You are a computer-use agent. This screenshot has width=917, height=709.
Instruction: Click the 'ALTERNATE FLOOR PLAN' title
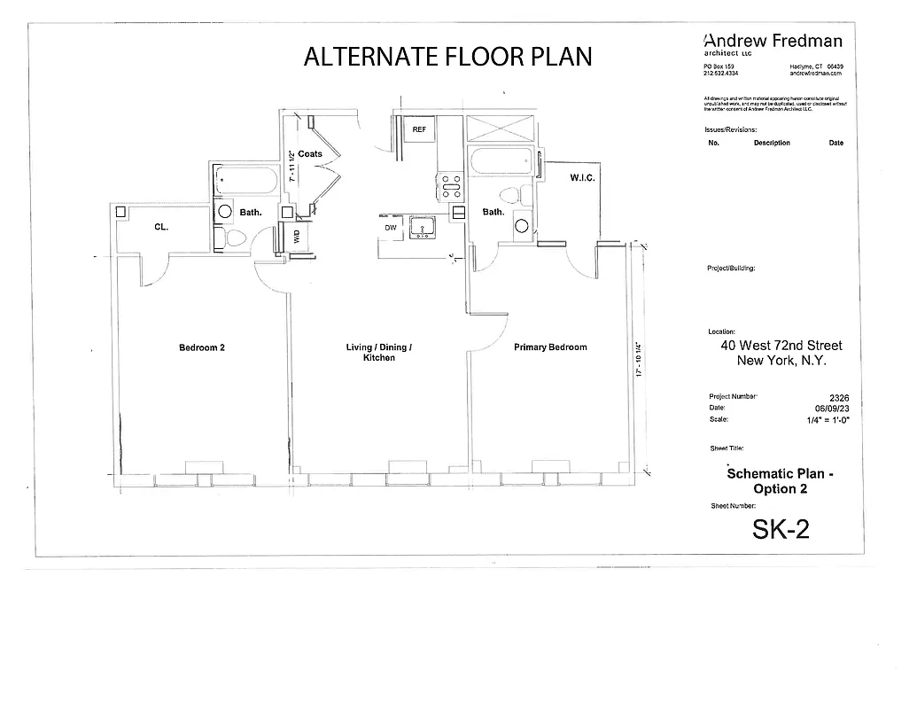click(x=447, y=56)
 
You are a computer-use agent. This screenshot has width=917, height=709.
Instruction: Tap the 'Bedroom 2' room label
click(x=202, y=347)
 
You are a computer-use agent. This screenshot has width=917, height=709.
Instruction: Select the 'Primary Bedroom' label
click(x=550, y=347)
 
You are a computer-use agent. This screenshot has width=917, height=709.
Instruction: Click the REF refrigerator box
click(x=419, y=129)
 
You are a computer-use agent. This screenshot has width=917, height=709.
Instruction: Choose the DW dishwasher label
click(x=390, y=228)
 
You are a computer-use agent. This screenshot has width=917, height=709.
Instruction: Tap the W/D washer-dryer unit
click(x=284, y=237)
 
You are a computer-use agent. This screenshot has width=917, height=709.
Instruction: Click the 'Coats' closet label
click(x=310, y=154)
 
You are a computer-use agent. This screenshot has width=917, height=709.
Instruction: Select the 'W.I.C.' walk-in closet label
click(x=582, y=178)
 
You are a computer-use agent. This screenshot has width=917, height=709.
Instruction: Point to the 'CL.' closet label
click(x=161, y=227)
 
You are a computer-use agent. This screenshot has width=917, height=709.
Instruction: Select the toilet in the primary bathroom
click(x=509, y=194)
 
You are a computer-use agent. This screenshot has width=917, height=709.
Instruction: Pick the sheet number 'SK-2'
click(x=780, y=529)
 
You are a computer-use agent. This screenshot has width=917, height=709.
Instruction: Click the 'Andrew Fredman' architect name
click(x=773, y=41)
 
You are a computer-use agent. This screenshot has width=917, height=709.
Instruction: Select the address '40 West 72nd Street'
click(x=781, y=346)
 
